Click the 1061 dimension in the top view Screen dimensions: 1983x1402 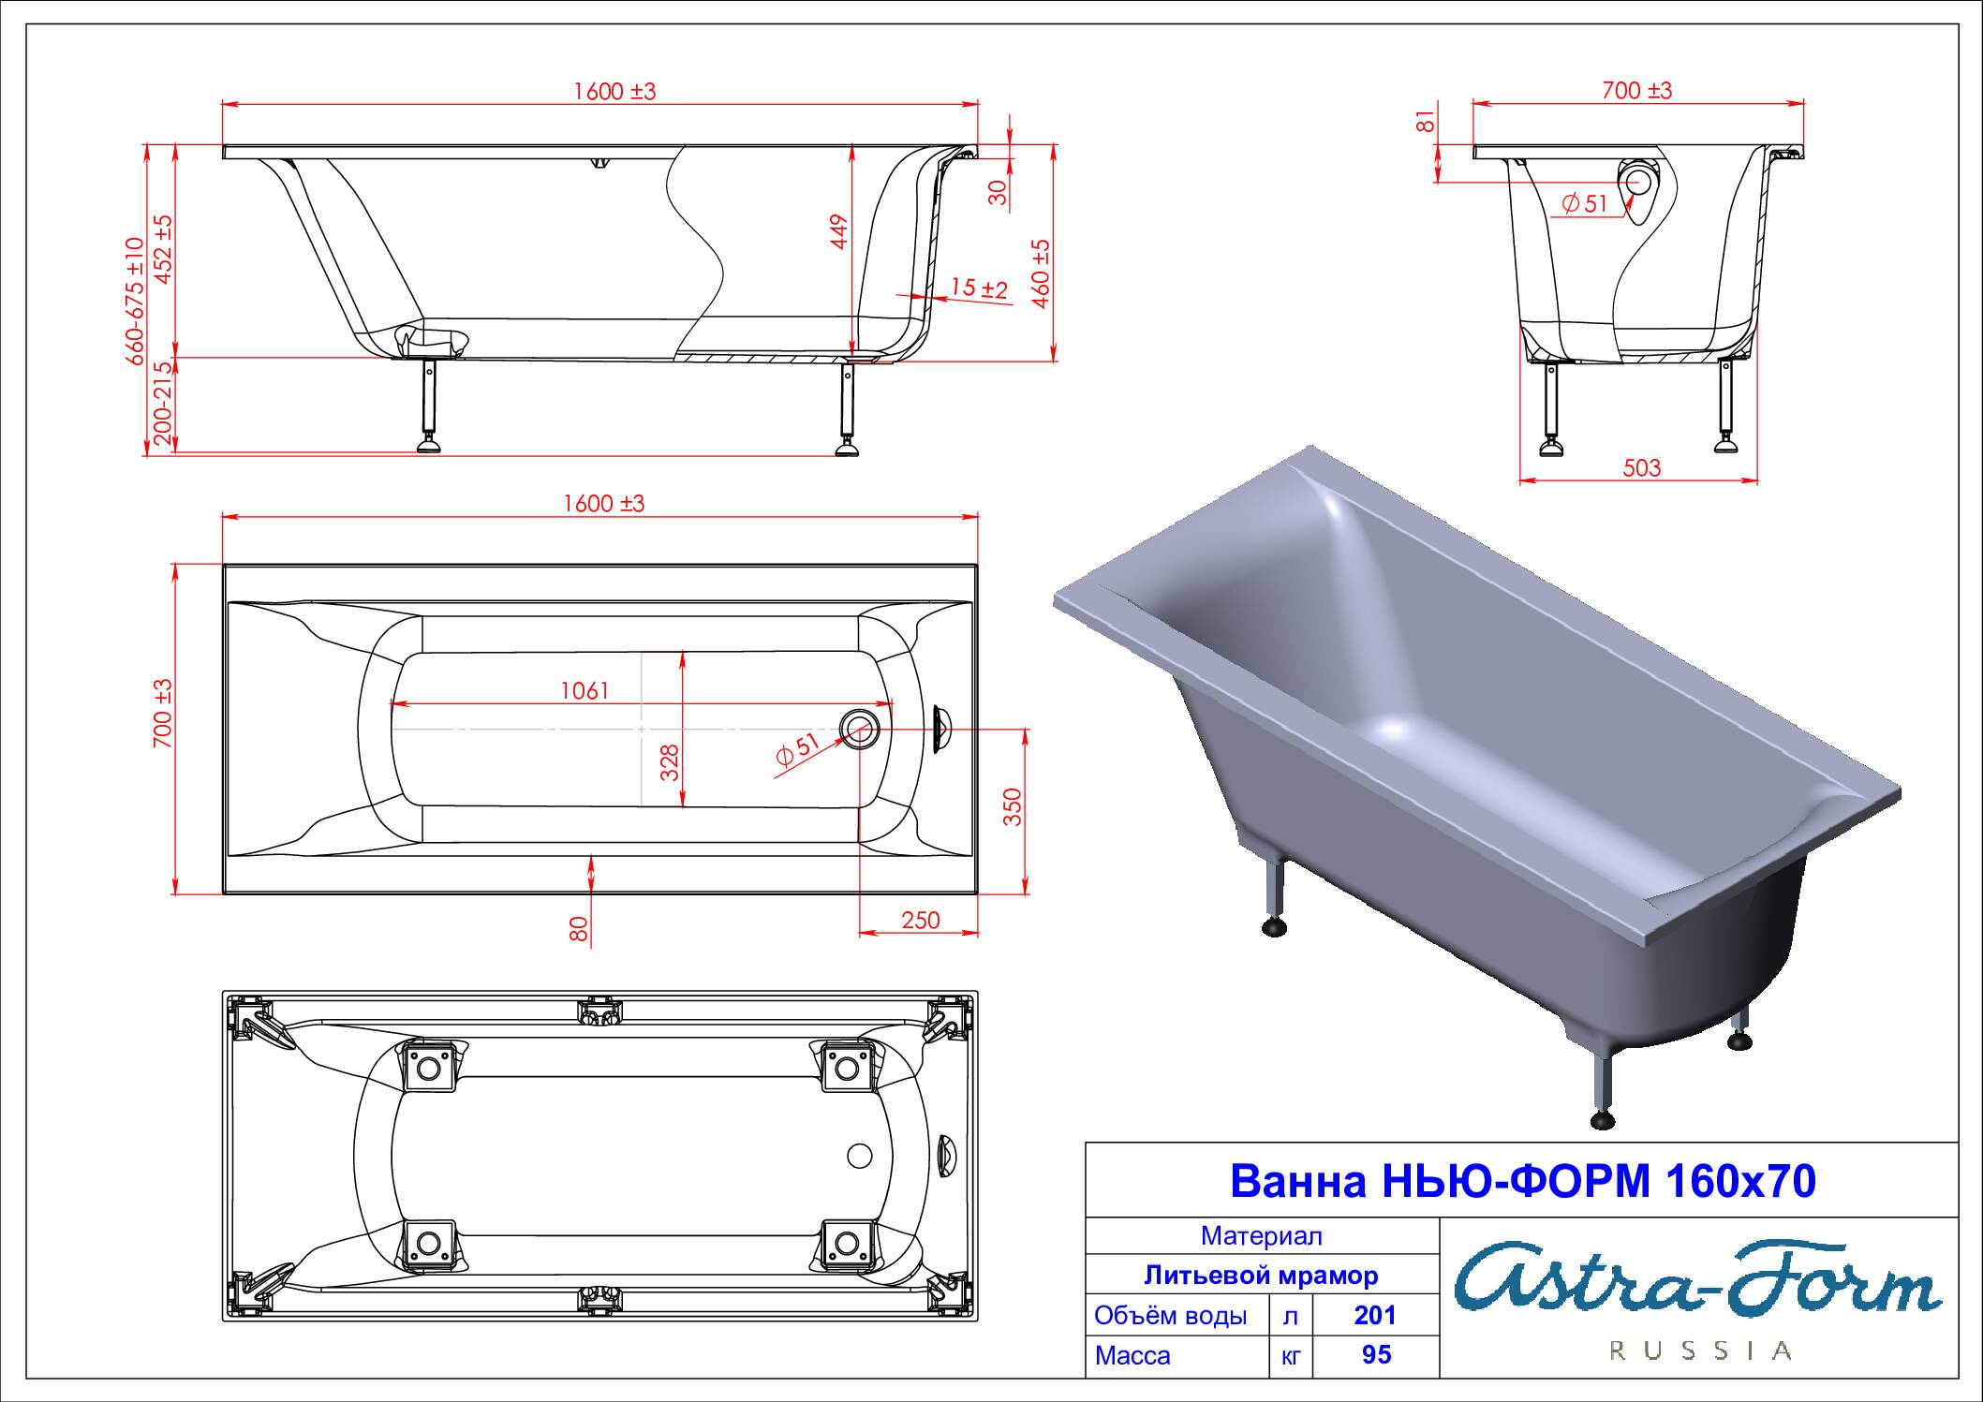tap(585, 691)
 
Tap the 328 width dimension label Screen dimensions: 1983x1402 tap(669, 762)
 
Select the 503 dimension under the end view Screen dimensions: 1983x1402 tap(1641, 467)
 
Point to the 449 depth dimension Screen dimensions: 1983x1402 tap(838, 232)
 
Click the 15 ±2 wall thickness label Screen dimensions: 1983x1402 tap(979, 288)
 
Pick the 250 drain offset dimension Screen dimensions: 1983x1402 tap(920, 921)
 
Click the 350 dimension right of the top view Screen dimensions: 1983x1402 tap(1013, 807)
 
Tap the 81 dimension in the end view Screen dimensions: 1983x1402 tap(1425, 121)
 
